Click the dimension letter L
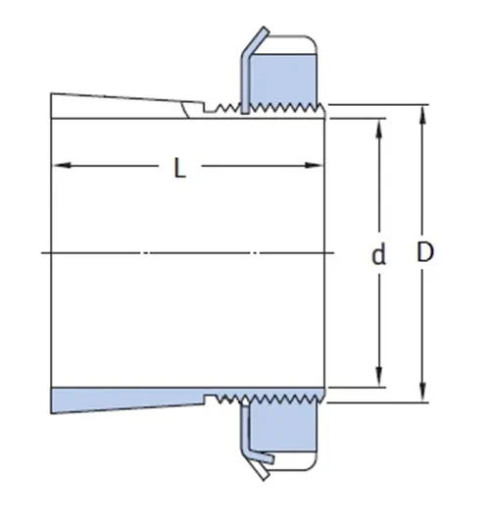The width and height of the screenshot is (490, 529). click(x=180, y=168)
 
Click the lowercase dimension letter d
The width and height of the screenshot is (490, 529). click(x=379, y=255)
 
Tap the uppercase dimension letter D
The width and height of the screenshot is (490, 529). click(x=425, y=251)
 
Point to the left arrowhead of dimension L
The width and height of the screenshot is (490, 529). click(x=63, y=165)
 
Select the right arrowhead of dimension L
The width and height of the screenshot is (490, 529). click(x=314, y=165)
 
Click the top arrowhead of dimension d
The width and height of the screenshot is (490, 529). click(x=379, y=129)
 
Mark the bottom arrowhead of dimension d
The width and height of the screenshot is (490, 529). click(x=379, y=378)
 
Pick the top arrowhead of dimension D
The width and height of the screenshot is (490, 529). click(x=423, y=115)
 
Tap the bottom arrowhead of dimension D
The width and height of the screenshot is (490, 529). click(x=423, y=393)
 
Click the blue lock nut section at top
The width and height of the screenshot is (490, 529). click(x=283, y=79)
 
